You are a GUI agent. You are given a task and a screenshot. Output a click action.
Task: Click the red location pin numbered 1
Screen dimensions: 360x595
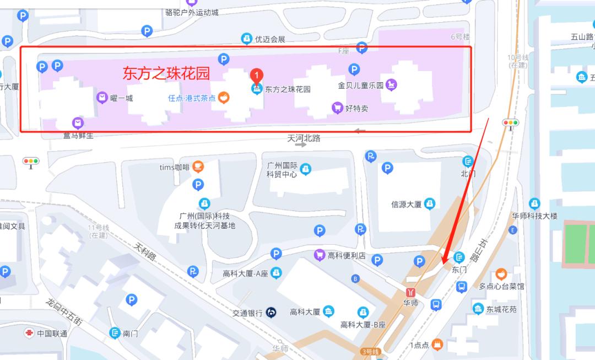(x=256, y=76)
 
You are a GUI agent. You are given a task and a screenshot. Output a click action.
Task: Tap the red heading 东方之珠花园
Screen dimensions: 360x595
(x=166, y=73)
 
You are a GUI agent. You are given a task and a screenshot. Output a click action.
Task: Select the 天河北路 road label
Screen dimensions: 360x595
(x=304, y=138)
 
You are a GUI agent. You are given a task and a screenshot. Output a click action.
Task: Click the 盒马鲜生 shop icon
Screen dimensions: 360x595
(x=78, y=123)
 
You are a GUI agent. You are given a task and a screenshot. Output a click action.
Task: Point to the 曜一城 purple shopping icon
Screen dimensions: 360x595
(x=102, y=98)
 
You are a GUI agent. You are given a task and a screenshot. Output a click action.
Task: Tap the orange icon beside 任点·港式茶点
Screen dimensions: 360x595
(x=224, y=98)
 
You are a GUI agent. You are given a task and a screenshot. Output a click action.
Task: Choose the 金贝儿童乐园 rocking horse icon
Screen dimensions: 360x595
(x=391, y=85)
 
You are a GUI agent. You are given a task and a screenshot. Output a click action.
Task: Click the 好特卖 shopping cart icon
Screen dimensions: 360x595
(x=337, y=108)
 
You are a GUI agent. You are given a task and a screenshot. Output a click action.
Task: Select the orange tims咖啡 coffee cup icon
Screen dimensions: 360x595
(x=198, y=167)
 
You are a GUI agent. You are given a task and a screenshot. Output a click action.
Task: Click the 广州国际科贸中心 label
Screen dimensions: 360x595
(x=282, y=170)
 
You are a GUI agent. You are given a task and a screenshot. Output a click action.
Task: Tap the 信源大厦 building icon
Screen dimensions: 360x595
(x=430, y=204)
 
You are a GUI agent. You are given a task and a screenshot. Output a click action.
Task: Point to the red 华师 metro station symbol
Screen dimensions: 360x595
(x=410, y=292)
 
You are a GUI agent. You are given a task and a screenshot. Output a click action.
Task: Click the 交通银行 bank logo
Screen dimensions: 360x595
(x=271, y=312)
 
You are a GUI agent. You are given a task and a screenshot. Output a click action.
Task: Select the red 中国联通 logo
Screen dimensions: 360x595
(x=29, y=333)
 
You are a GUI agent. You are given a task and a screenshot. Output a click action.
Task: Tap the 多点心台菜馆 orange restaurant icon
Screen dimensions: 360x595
(x=501, y=274)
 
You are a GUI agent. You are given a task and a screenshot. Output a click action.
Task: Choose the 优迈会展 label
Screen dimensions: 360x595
(x=270, y=39)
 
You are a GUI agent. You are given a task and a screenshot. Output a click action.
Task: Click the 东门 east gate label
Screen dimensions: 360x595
(x=459, y=270)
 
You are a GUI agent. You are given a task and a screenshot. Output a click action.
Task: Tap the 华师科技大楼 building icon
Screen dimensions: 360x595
(x=534, y=204)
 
